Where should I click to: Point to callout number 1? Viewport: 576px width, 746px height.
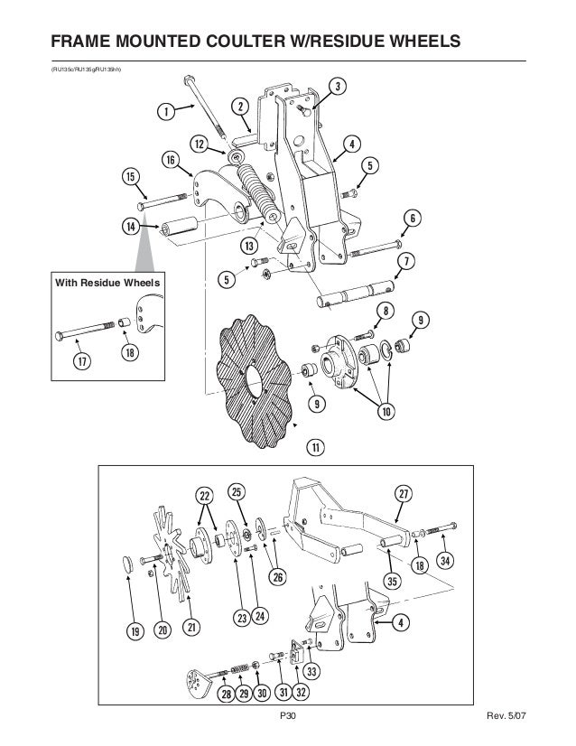pos(165,112)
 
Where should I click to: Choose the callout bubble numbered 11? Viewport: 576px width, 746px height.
pos(315,446)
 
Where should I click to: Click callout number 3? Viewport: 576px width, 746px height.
pos(336,87)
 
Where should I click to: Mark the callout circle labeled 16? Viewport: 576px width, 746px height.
pos(169,160)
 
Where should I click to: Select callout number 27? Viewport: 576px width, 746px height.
pos(402,494)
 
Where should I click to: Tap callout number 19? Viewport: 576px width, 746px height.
pos(132,631)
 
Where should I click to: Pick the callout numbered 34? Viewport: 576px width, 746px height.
pos(445,559)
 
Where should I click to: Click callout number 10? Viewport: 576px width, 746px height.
pos(386,412)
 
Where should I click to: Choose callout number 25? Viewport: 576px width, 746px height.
pos(236,492)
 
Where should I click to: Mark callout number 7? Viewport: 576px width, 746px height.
pos(405,262)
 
